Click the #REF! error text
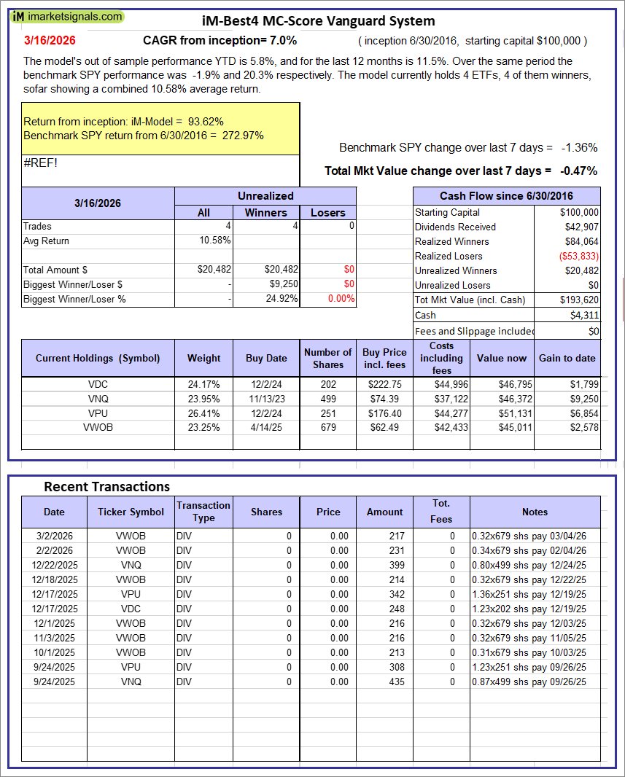click(40, 162)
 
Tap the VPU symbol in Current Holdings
click(98, 413)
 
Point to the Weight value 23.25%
click(204, 428)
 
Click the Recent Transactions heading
click(106, 486)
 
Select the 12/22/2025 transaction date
click(54, 565)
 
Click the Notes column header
click(535, 512)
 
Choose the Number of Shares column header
click(327, 358)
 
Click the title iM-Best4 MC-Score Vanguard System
click(318, 21)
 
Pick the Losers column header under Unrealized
click(327, 212)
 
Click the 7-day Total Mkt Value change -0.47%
click(579, 171)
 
